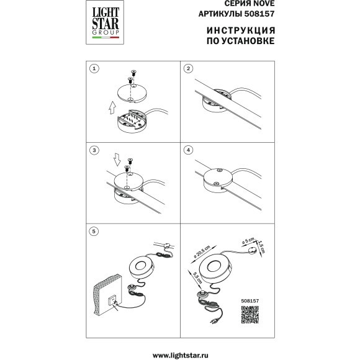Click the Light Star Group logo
[105, 22]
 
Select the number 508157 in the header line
[259, 14]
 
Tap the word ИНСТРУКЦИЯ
[241, 30]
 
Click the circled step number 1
[94, 69]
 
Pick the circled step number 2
[188, 69]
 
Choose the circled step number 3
[94, 150]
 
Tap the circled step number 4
[188, 150]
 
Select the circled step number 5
[94, 231]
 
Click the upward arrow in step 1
[112, 107]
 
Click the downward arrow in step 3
[117, 160]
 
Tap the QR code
[250, 314]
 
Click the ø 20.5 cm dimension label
[202, 251]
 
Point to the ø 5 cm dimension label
[248, 240]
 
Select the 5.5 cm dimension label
[197, 278]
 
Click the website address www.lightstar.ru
[180, 356]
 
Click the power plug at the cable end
[214, 321]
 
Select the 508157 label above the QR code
[250, 301]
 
